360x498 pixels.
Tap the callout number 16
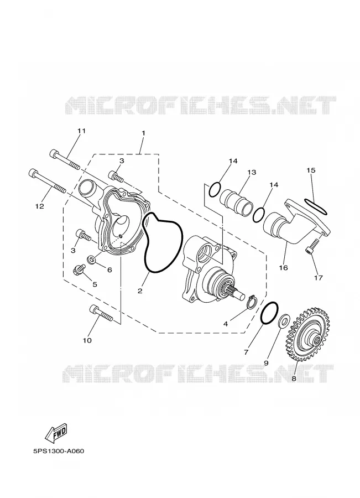click(x=283, y=268)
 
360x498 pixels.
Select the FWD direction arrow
click(x=57, y=433)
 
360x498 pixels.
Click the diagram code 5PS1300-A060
click(x=59, y=451)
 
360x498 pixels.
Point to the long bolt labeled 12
click(x=48, y=181)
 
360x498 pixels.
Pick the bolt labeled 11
click(x=65, y=160)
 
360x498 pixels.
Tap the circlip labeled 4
click(x=252, y=302)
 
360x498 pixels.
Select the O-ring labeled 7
click(x=269, y=313)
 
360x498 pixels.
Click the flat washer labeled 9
click(x=283, y=321)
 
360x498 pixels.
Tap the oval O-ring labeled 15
click(x=315, y=206)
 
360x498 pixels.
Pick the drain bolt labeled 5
click(x=78, y=269)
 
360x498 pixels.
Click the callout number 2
click(x=140, y=290)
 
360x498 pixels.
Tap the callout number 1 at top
click(x=143, y=133)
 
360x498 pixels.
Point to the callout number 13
click(x=252, y=173)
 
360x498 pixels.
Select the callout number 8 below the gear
click(x=294, y=378)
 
